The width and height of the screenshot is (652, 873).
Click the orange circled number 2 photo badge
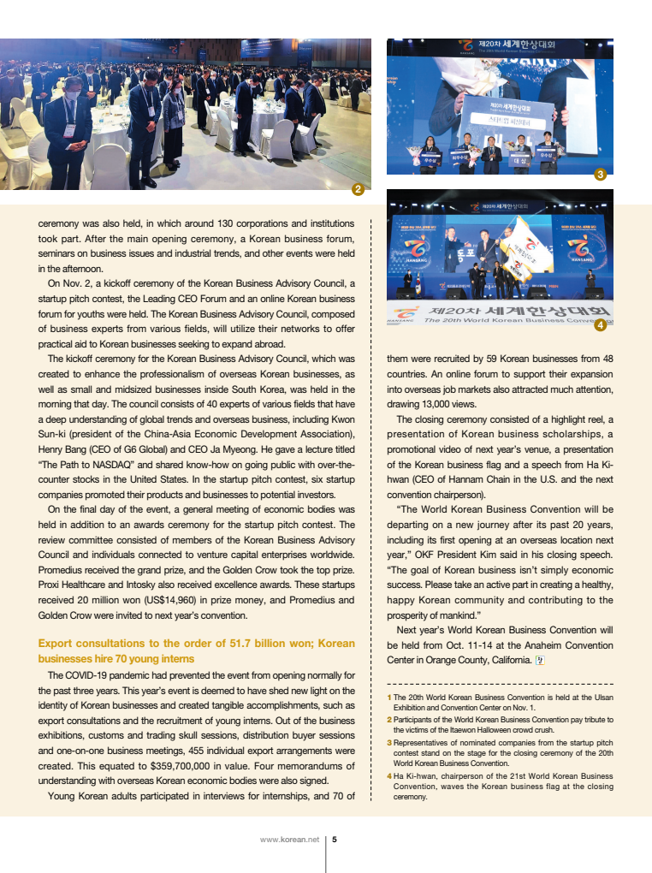tap(358, 188)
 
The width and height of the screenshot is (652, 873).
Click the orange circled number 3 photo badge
tap(601, 175)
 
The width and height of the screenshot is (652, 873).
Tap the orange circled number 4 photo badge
tap(600, 324)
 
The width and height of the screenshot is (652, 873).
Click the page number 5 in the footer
tap(335, 840)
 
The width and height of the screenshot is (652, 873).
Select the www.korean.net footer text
tap(289, 840)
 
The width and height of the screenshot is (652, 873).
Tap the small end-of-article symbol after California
tap(538, 659)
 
